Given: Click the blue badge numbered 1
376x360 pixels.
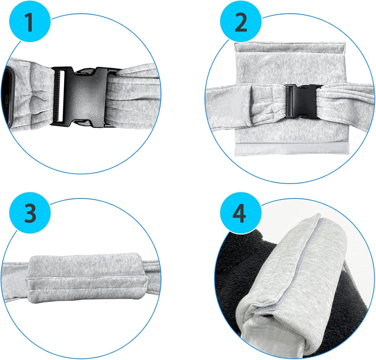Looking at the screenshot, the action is [29, 22].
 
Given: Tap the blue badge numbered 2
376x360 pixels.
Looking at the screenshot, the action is [241, 22].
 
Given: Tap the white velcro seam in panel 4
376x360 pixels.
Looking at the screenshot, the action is [285, 262].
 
